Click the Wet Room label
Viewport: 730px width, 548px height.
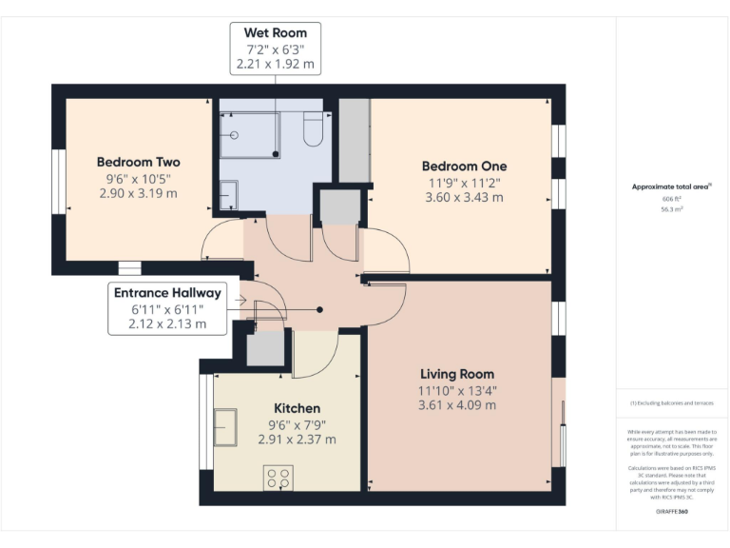click(275, 33)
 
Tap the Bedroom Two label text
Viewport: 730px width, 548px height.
click(138, 163)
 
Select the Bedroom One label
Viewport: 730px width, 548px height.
click(465, 166)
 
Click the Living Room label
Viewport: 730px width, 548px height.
click(457, 374)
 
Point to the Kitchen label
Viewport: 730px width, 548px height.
click(298, 408)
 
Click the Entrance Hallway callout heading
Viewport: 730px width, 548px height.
click(167, 293)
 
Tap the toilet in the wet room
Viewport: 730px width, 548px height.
click(314, 129)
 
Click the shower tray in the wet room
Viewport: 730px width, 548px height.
click(249, 134)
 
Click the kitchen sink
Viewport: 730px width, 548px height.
click(226, 426)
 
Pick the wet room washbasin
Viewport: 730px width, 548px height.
click(228, 195)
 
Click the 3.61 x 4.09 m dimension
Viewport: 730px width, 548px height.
click(457, 404)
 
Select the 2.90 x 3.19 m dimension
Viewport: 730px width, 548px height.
click(138, 193)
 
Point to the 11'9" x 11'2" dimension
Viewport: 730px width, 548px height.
click(465, 183)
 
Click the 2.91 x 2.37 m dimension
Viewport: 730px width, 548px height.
click(298, 440)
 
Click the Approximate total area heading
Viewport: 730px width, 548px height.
click(671, 186)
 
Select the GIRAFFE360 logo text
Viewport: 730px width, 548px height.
click(671, 511)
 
